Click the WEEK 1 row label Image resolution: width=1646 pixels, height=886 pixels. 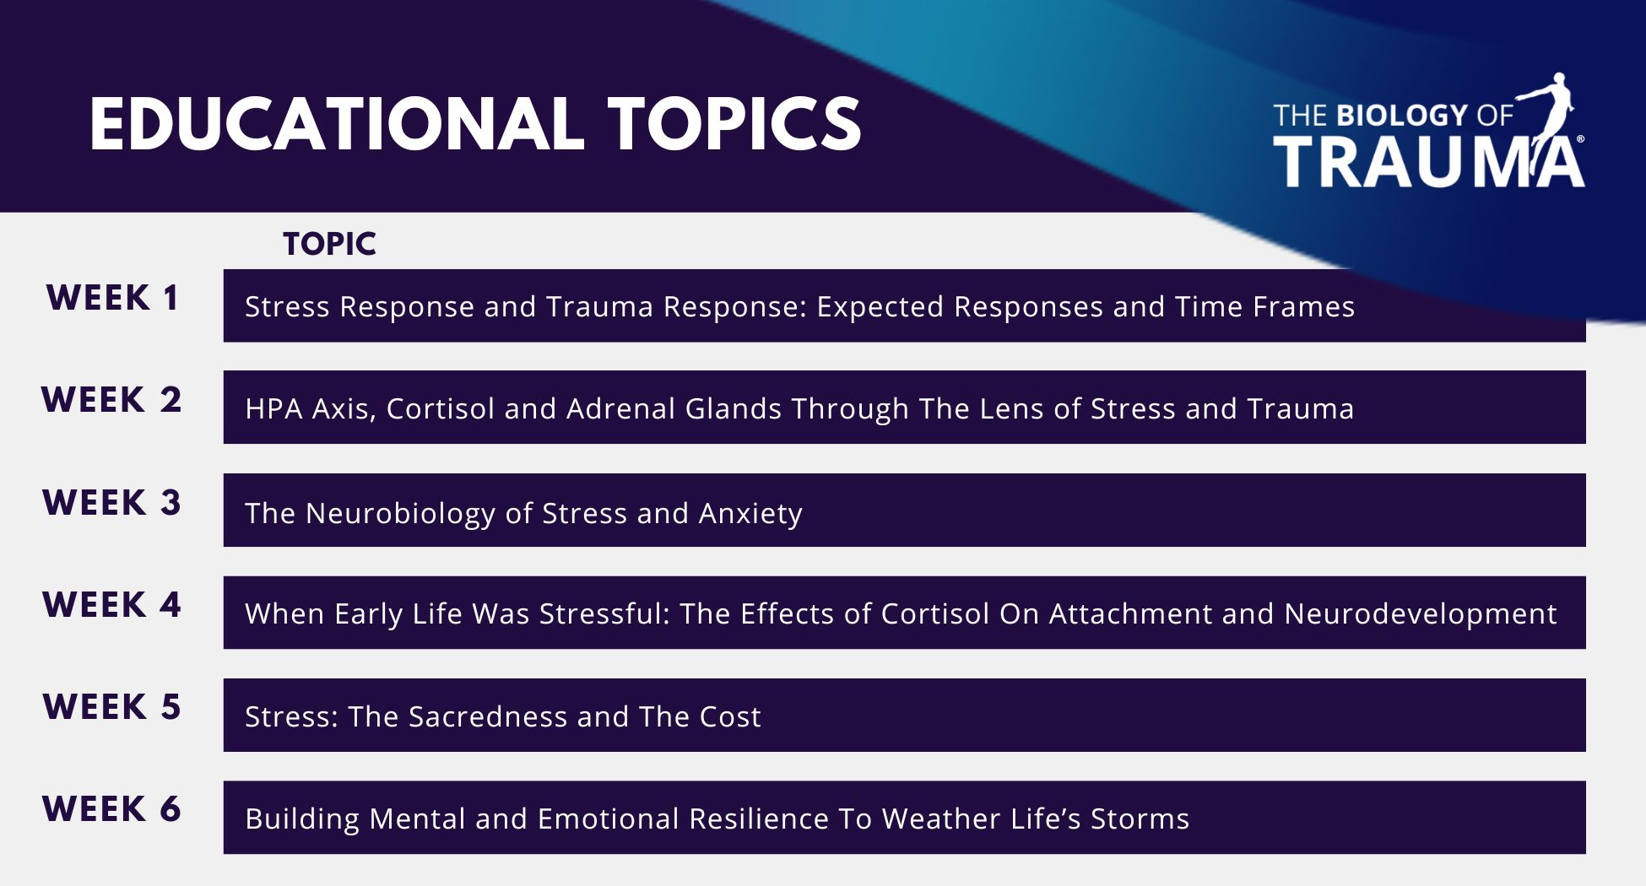tap(112, 298)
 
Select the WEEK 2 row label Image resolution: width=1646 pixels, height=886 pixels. tap(111, 400)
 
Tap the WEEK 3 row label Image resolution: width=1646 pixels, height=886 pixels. tap(111, 503)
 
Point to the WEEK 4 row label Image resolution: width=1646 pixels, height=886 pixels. tap(111, 605)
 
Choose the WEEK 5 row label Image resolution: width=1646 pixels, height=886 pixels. tap(111, 707)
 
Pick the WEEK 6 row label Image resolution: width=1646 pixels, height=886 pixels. tap(111, 809)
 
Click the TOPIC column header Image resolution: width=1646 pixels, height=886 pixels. tap(330, 244)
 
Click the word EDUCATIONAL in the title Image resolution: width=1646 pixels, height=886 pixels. tap(337, 124)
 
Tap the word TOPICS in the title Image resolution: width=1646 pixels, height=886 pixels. tap(734, 124)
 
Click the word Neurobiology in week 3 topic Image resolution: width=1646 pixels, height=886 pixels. tap(401, 514)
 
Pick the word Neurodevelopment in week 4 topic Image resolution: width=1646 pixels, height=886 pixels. tap(1421, 614)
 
